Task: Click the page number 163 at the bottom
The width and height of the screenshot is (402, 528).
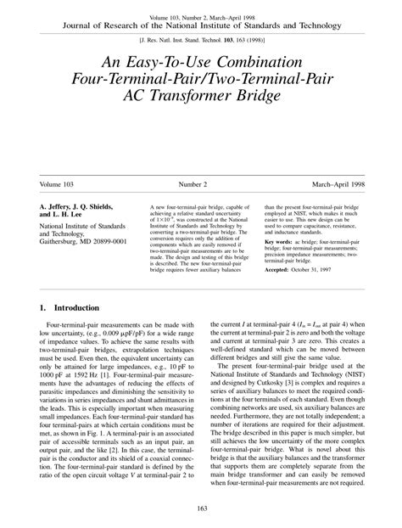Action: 200,508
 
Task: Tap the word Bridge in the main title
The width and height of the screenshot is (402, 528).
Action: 255,99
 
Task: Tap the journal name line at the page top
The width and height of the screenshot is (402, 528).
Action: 201,25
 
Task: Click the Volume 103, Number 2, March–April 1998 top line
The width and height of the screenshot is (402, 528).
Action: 201,16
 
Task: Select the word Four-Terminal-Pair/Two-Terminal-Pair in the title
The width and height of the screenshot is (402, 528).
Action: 201,82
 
